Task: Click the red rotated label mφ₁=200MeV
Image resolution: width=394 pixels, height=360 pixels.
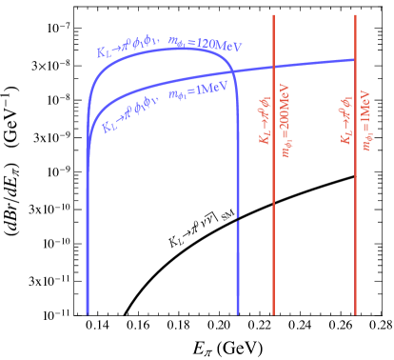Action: (x=285, y=124)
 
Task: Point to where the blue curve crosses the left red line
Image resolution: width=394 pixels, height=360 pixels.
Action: (x=274, y=66)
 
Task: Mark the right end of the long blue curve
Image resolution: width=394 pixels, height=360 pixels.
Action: (x=354, y=59)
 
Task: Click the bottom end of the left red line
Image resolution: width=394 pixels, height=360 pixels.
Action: (x=274, y=313)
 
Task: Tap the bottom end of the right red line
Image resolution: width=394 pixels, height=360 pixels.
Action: (x=355, y=313)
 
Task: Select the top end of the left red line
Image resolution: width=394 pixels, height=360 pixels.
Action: (x=274, y=15)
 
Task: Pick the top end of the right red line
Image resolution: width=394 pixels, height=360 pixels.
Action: (x=355, y=15)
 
